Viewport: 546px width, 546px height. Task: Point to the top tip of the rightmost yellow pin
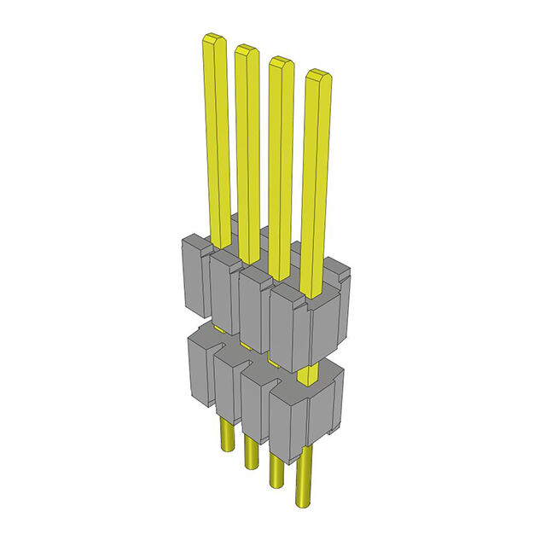(x=317, y=75)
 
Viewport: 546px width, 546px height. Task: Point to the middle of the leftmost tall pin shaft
(x=217, y=136)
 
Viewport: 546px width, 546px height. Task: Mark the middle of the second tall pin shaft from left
(x=247, y=154)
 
